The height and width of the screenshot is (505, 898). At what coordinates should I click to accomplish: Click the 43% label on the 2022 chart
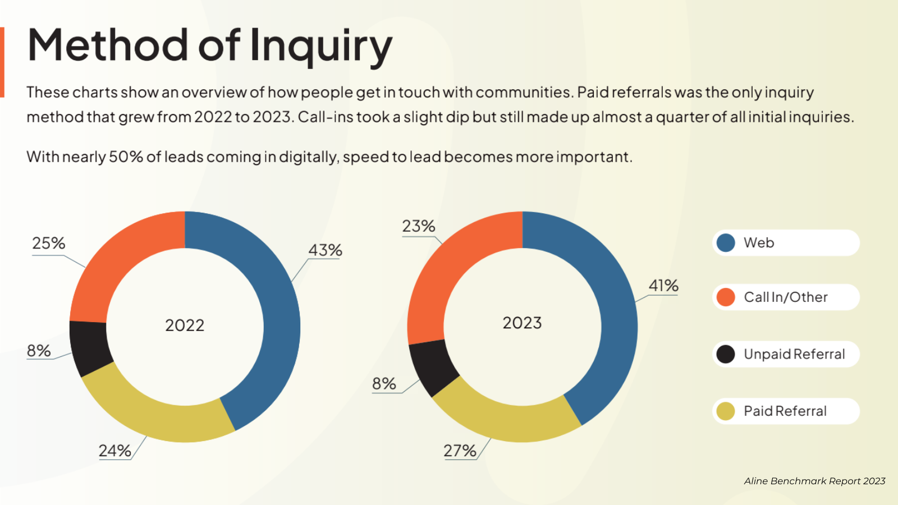pos(325,250)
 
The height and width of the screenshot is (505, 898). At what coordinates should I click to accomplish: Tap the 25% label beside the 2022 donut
pos(49,243)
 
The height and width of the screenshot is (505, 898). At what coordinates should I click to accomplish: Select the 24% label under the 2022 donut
pos(115,451)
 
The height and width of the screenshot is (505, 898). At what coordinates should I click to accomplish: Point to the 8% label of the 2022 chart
pos(39,351)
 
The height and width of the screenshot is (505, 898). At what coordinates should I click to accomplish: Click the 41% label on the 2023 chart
pos(663,286)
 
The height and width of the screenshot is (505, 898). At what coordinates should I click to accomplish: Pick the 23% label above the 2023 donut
pos(419,226)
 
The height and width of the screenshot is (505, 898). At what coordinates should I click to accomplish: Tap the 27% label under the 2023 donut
pos(460,451)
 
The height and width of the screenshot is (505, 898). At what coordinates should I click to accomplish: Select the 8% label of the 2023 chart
pos(384,384)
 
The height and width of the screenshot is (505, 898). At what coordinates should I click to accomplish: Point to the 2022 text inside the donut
pos(185,325)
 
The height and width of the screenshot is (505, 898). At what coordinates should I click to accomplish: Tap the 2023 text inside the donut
pos(522,323)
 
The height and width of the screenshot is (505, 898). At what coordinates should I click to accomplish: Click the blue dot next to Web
pos(726,243)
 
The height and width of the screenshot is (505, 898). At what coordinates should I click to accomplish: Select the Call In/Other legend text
pos(786,297)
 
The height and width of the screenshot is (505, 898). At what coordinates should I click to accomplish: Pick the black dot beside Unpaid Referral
pos(726,354)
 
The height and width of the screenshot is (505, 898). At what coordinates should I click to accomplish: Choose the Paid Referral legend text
pos(785,411)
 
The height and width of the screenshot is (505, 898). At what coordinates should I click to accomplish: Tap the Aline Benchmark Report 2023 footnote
pos(814,481)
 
